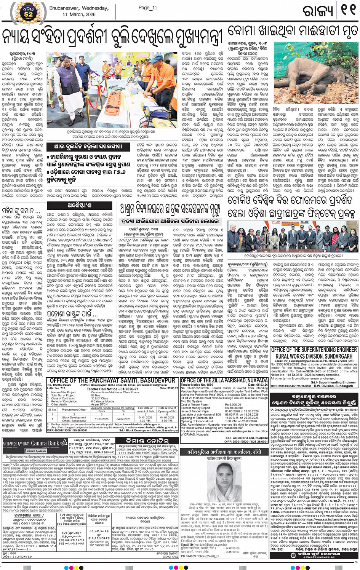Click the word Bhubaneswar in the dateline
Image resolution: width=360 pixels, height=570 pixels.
click(65, 8)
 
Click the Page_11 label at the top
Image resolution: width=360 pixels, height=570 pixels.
click(148, 8)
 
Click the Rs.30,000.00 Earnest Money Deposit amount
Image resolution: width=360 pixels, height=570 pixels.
click(234, 408)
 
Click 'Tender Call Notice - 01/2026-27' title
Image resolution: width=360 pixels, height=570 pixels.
click(107, 389)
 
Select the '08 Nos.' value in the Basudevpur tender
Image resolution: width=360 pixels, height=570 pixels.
click(96, 396)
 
